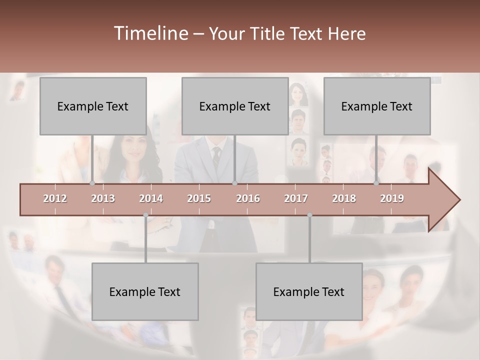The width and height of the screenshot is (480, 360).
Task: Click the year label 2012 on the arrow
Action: (55, 198)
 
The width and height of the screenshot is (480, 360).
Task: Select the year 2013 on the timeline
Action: (103, 198)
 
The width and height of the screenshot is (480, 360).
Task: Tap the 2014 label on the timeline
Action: (151, 198)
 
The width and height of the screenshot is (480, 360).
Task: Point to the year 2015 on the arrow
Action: (199, 198)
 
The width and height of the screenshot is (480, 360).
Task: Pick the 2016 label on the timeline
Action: (248, 198)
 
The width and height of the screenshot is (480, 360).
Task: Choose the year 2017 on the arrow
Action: (296, 198)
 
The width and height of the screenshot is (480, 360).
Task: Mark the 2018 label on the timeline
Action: (344, 198)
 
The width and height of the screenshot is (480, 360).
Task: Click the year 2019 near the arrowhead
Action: (392, 198)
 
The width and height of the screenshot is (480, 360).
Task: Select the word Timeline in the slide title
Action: (150, 33)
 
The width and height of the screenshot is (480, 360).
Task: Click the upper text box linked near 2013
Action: (93, 106)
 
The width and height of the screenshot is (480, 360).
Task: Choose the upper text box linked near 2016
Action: (235, 106)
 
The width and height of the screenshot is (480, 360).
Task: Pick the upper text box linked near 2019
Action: (377, 106)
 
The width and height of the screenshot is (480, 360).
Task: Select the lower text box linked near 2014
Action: (145, 291)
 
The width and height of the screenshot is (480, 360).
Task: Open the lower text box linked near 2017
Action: (309, 291)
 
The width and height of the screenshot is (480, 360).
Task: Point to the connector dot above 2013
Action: (92, 183)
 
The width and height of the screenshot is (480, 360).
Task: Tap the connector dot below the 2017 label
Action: (309, 215)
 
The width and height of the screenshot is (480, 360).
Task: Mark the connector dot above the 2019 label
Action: (376, 183)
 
